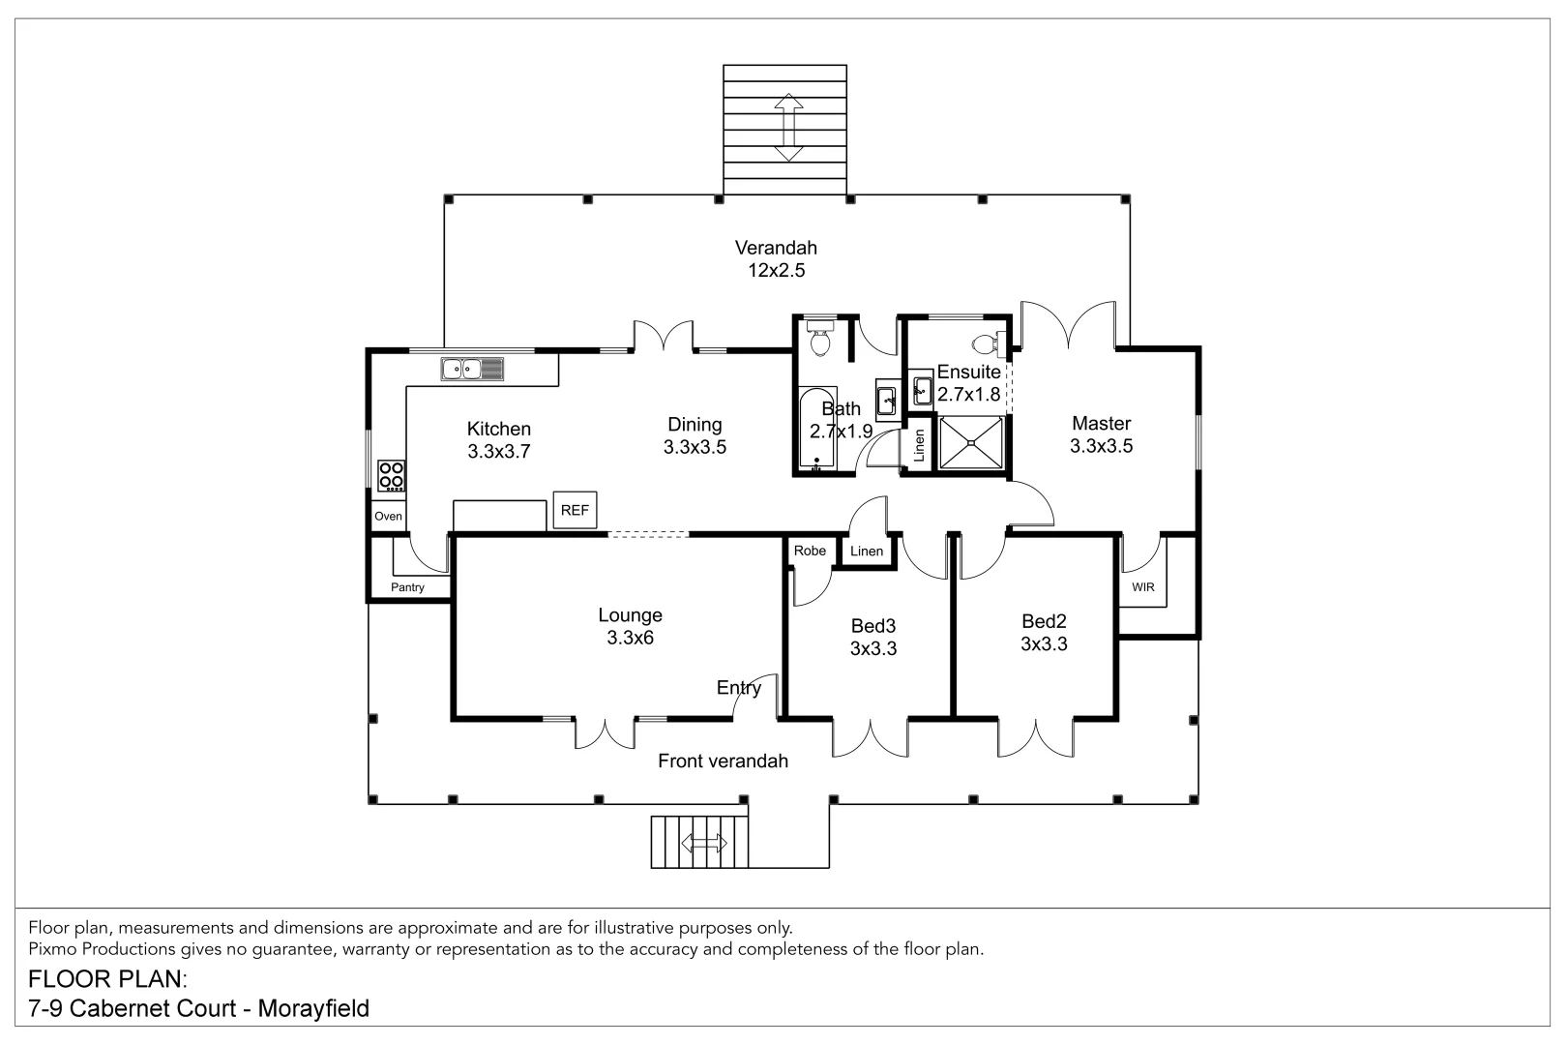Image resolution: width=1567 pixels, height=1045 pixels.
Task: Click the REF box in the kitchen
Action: coord(575,510)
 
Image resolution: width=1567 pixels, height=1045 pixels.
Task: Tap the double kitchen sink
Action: coord(472,369)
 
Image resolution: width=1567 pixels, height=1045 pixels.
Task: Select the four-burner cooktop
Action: coord(392,475)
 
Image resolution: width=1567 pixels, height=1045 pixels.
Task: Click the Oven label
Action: coord(388,516)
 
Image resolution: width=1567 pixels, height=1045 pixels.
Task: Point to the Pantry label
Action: coord(407,587)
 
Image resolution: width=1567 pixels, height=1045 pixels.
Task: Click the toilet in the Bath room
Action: coord(820,339)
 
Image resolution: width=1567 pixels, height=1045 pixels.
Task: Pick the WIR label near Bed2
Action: coord(1142,587)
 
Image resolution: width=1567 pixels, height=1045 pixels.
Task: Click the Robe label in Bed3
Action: coord(810,551)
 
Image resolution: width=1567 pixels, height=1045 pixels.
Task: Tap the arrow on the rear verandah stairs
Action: coord(788,127)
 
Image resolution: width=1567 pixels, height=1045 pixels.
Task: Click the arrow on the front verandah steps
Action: coord(703,843)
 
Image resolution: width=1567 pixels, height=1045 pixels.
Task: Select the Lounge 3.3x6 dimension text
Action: coord(630,639)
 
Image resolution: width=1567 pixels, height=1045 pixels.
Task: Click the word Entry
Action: coord(738,688)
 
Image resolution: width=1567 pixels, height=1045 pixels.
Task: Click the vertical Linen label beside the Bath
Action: coord(919,444)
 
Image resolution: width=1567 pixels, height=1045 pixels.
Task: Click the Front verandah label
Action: coord(723,761)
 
